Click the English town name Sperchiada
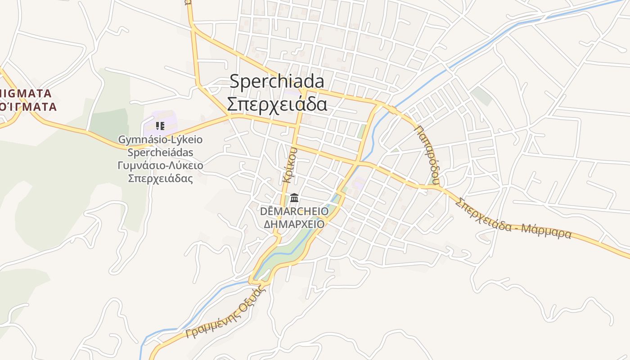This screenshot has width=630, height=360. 277,82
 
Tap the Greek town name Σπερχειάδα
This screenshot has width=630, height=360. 277,104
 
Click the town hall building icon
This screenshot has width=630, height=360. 295,198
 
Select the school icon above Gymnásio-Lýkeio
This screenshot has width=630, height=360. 160,126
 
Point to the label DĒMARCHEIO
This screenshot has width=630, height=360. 294,211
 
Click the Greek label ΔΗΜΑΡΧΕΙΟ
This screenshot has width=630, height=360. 294,224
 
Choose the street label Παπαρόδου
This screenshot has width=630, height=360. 427,156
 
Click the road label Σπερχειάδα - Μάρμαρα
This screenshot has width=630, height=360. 513,219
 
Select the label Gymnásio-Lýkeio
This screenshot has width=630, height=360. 160,139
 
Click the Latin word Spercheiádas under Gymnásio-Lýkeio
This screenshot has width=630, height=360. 160,152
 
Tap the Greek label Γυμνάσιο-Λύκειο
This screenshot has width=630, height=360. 160,165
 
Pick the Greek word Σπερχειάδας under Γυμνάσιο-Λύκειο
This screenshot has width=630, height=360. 160,178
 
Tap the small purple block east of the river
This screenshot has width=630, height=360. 359,184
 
